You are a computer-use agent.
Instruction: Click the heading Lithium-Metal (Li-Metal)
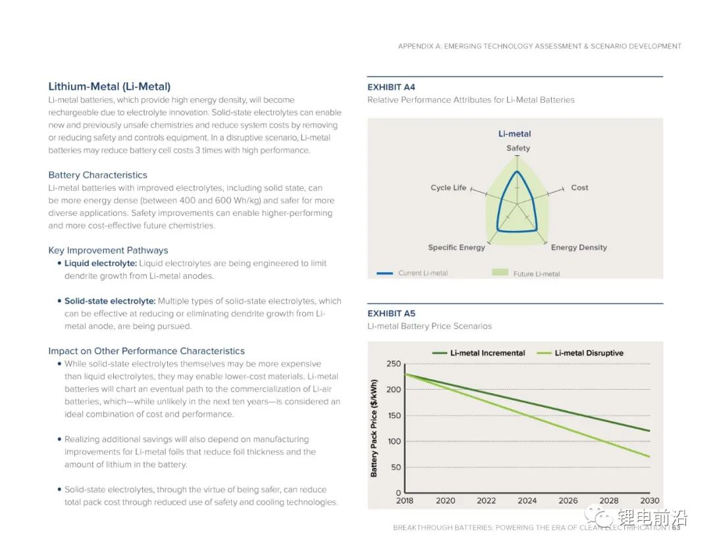pos(109,86)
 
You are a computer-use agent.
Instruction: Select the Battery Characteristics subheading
pos(97,175)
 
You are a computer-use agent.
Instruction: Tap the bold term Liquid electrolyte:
pos(101,263)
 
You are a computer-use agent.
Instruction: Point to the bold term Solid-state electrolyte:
pos(110,301)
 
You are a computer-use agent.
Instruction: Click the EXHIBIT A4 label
pos(391,87)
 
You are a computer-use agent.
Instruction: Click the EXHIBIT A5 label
pos(391,313)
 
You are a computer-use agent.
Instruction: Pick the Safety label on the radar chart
pos(518,148)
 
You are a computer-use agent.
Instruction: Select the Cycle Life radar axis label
pos(448,188)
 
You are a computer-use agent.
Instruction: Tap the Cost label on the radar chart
pos(579,188)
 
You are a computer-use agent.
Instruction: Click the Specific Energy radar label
pos(456,248)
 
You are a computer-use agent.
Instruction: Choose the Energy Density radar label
pos(579,248)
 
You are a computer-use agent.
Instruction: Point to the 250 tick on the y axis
pos(393,364)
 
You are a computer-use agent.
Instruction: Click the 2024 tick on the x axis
pos(527,500)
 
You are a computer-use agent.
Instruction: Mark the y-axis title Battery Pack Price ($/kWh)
pos(375,428)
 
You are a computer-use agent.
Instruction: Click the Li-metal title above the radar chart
pos(515,134)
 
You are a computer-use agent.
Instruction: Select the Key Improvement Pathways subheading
pos(108,250)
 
